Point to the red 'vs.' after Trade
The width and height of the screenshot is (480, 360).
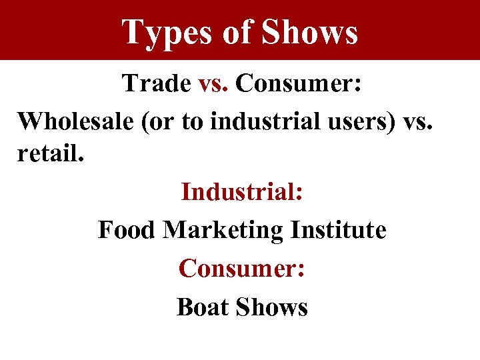pos(214,83)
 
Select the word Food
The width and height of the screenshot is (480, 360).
pos(127,230)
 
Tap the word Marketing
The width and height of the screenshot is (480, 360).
pos(223,230)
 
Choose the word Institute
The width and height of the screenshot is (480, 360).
pos(339,230)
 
